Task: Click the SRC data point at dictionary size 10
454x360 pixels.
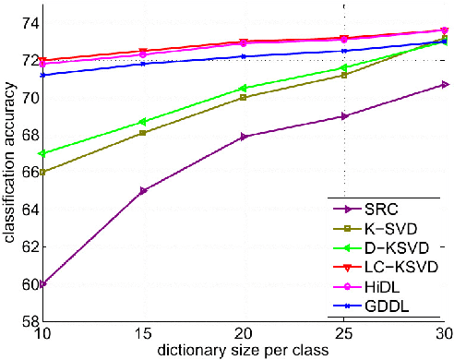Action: [x=42, y=283]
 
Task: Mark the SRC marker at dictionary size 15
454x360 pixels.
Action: [x=143, y=190]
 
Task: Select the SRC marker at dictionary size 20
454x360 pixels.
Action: [x=244, y=136]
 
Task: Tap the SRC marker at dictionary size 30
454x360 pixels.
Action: [x=444, y=84]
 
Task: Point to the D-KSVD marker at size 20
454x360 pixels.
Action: [x=244, y=88]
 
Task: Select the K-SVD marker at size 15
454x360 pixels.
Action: [x=143, y=133]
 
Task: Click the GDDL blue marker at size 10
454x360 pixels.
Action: [x=42, y=75]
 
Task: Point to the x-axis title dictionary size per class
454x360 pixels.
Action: [x=244, y=350]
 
